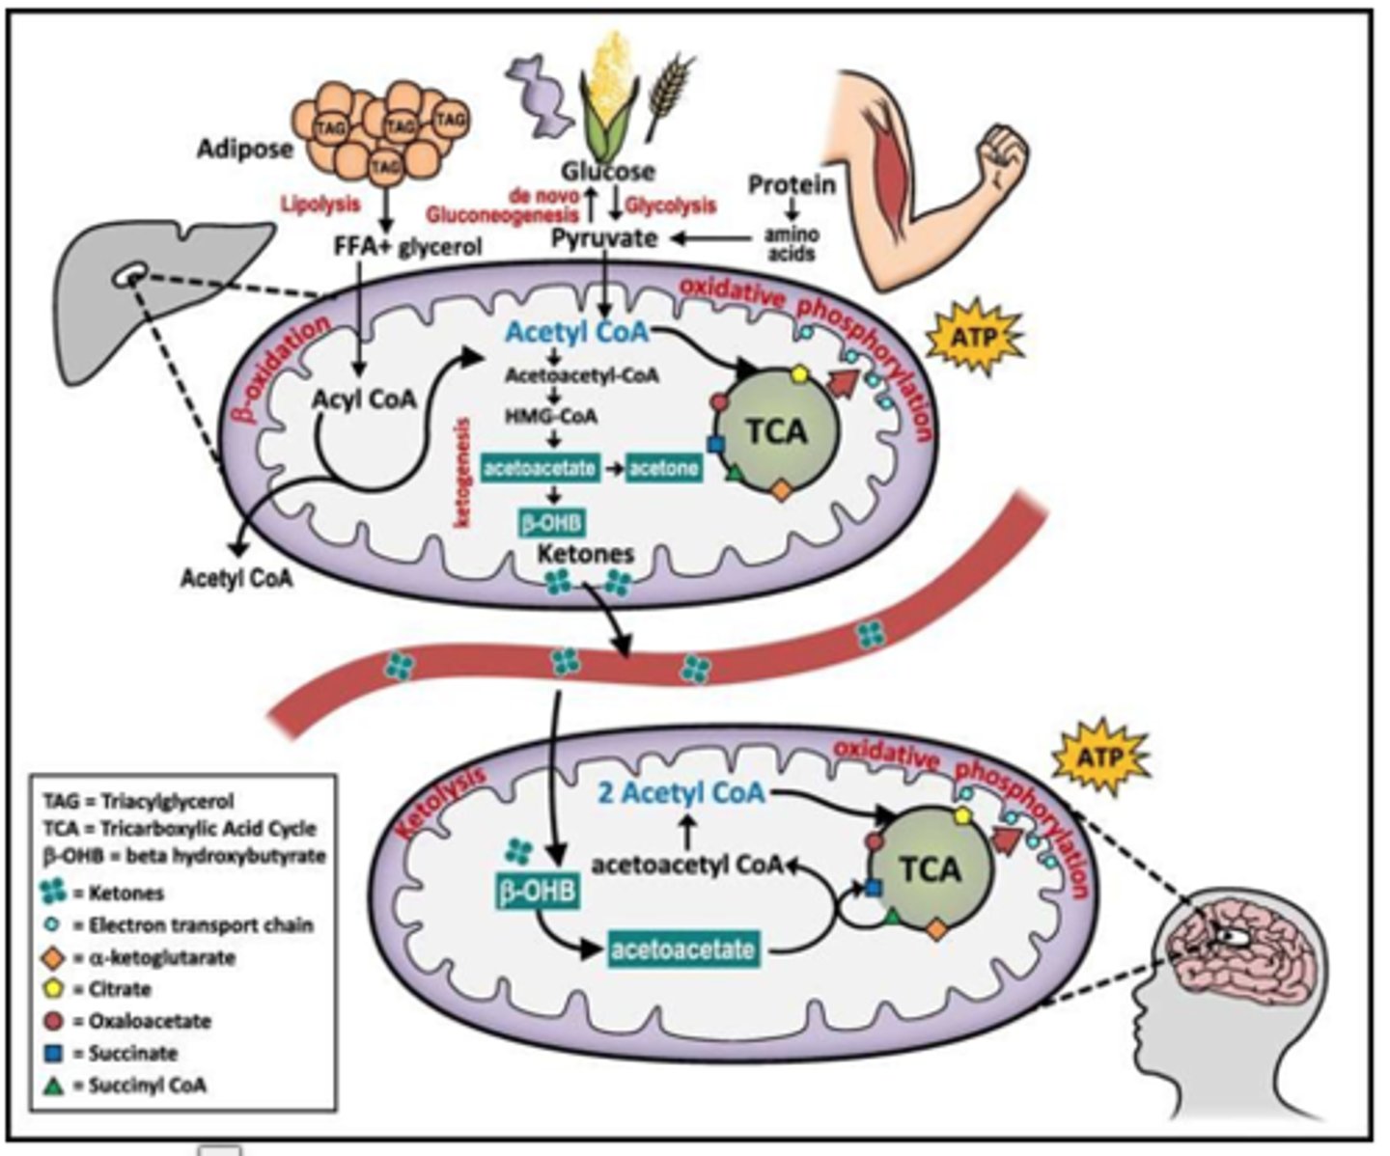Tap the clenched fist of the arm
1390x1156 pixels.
(x=1002, y=154)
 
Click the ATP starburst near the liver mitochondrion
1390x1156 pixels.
(x=973, y=337)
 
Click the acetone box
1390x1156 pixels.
(x=664, y=469)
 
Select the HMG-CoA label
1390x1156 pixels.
(x=551, y=417)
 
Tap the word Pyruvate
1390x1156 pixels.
(x=604, y=238)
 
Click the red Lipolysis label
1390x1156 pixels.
(x=320, y=206)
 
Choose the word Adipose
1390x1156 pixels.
(x=244, y=150)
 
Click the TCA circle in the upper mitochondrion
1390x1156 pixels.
(x=776, y=431)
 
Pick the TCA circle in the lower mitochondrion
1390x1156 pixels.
(x=931, y=869)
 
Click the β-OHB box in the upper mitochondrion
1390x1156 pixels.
(x=552, y=522)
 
